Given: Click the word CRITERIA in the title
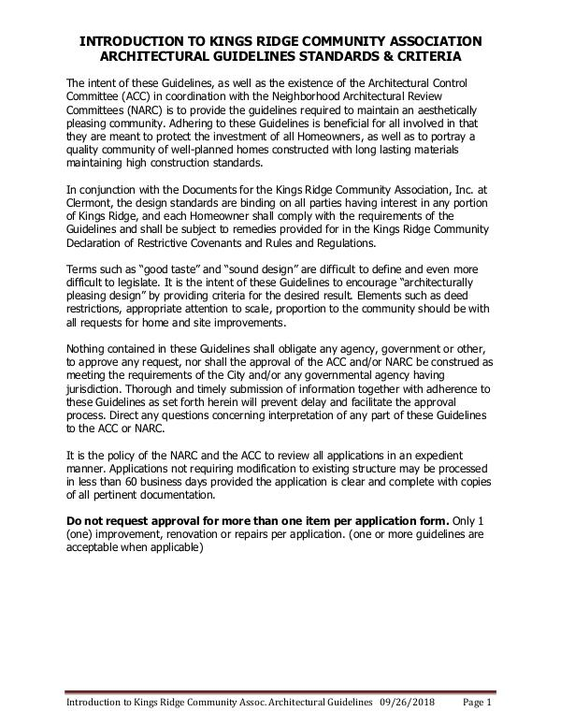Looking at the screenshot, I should pos(451,57).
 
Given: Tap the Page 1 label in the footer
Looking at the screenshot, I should pos(479,704).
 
